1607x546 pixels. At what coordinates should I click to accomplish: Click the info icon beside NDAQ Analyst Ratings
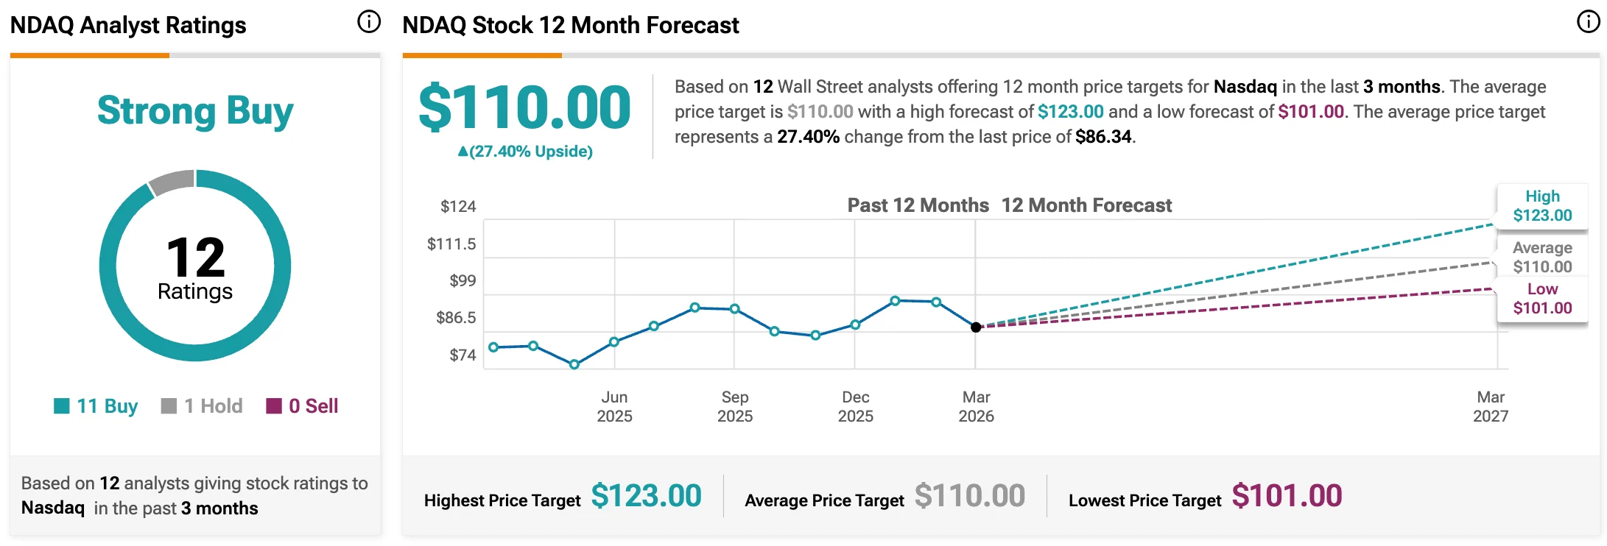[x=369, y=22]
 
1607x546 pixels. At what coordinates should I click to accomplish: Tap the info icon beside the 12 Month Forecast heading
[x=1588, y=22]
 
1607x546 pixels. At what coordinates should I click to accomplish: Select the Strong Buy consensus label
[x=195, y=111]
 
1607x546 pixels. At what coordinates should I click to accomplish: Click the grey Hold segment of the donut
[x=172, y=181]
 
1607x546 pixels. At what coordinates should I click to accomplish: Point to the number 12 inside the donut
[x=195, y=258]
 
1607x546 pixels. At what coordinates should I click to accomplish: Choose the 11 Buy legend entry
[x=96, y=406]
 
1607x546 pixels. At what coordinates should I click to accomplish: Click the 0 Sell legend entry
[x=302, y=406]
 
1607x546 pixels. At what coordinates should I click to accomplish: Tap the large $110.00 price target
[x=524, y=107]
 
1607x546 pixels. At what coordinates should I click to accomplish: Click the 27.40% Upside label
[x=525, y=152]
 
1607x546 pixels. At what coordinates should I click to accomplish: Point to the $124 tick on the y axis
[x=458, y=207]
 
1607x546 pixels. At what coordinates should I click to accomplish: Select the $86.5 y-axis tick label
[x=456, y=318]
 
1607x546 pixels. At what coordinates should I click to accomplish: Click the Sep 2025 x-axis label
[x=735, y=406]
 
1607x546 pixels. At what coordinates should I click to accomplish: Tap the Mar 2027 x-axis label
[x=1491, y=406]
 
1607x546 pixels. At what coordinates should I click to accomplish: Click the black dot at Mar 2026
[x=976, y=327]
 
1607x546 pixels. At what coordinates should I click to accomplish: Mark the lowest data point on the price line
[x=574, y=364]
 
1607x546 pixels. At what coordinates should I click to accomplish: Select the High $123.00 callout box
[x=1542, y=206]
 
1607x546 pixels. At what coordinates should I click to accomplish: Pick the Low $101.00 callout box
[x=1542, y=299]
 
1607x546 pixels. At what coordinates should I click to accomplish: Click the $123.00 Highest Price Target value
[x=646, y=496]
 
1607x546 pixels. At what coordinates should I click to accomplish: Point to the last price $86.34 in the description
[x=1103, y=137]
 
